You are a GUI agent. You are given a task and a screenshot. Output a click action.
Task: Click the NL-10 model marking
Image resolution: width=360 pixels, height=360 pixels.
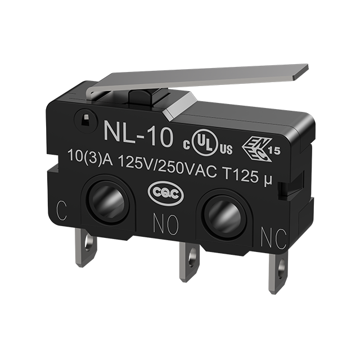(138, 135)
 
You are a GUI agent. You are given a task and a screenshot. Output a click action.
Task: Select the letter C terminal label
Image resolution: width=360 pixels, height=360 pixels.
(61, 210)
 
